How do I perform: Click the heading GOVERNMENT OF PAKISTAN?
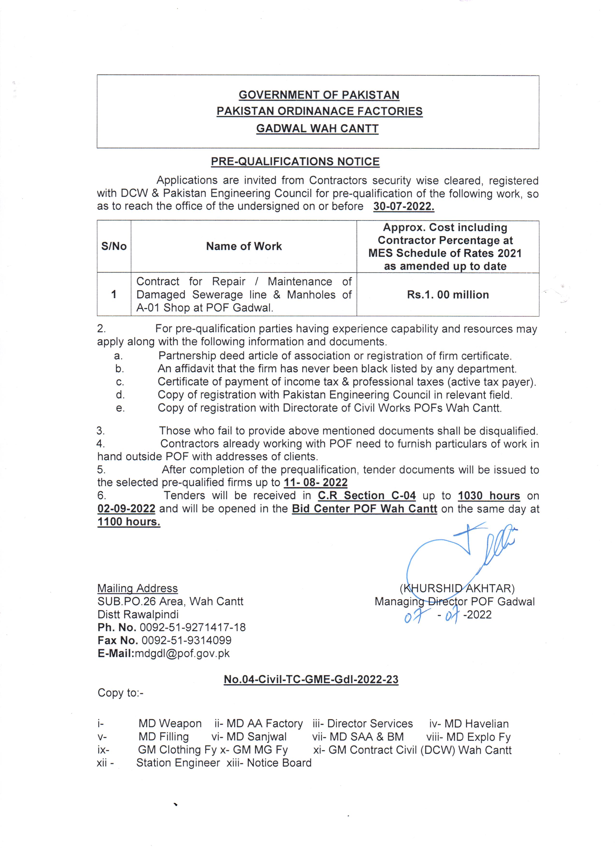(319, 95)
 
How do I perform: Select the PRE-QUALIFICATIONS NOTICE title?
(295, 162)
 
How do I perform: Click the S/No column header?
(114, 246)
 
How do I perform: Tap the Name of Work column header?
(244, 246)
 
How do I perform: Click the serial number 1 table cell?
(114, 295)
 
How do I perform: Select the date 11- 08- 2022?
(315, 482)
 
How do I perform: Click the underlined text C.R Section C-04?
(367, 496)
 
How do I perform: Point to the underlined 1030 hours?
(488, 496)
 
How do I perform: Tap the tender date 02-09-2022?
(126, 509)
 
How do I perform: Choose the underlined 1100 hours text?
(129, 522)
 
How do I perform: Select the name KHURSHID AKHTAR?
(457, 589)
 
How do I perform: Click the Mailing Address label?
(137, 589)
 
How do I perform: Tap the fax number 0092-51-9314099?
(186, 640)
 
